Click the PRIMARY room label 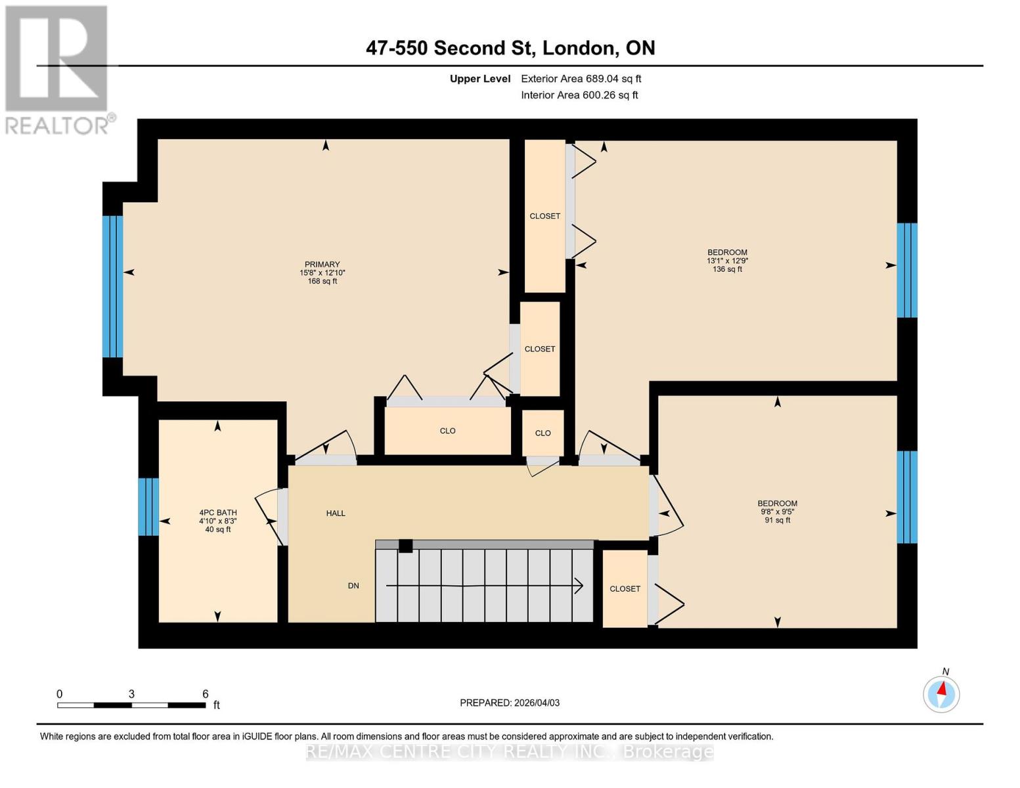tap(322, 264)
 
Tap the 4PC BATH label tap(218, 512)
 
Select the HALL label tap(336, 514)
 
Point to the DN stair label tap(353, 586)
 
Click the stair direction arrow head tap(579, 586)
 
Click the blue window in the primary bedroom tap(113, 286)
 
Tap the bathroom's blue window tap(148, 507)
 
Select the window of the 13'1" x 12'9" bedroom tap(907, 271)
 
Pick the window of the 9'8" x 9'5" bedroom tap(907, 497)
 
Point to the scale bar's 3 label tap(131, 694)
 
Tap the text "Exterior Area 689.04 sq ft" tap(581, 79)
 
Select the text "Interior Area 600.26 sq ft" tap(579, 95)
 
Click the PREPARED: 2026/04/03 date tap(510, 703)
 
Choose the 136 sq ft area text tap(727, 269)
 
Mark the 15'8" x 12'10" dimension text tap(322, 273)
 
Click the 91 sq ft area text tap(778, 521)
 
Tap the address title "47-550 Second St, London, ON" tap(510, 48)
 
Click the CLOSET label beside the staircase tap(625, 589)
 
